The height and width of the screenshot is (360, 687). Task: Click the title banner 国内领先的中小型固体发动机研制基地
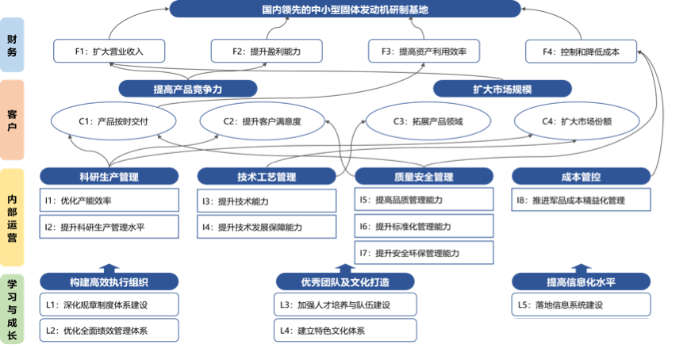pyautogui.click(x=345, y=10)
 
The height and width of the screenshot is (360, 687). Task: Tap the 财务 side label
pyautogui.click(x=12, y=47)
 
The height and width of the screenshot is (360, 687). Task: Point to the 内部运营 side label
pyautogui.click(x=12, y=216)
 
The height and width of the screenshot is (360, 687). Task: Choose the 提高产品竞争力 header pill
pyautogui.click(x=188, y=89)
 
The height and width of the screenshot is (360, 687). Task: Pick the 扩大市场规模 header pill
pyautogui.click(x=502, y=89)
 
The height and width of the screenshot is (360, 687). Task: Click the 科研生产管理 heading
pyautogui.click(x=109, y=177)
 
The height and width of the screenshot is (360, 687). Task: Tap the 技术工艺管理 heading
pyautogui.click(x=267, y=177)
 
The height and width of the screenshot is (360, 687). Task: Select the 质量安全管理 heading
pyautogui.click(x=424, y=177)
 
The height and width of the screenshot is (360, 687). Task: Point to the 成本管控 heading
pyautogui.click(x=581, y=177)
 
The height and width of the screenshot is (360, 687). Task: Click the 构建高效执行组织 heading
pyautogui.click(x=109, y=282)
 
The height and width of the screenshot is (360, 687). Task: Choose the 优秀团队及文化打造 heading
pyautogui.click(x=345, y=282)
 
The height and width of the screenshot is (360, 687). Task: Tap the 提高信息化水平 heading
pyautogui.click(x=581, y=282)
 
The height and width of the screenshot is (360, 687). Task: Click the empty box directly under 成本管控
pyautogui.click(x=581, y=200)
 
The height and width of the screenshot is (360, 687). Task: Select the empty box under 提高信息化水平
pyautogui.click(x=581, y=304)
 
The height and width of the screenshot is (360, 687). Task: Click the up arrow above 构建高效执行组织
pyautogui.click(x=109, y=267)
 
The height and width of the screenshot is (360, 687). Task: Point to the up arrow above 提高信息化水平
pyautogui.click(x=581, y=267)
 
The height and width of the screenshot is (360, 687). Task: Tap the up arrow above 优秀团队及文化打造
pyautogui.click(x=345, y=267)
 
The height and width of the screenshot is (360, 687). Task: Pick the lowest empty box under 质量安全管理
pyautogui.click(x=424, y=252)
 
